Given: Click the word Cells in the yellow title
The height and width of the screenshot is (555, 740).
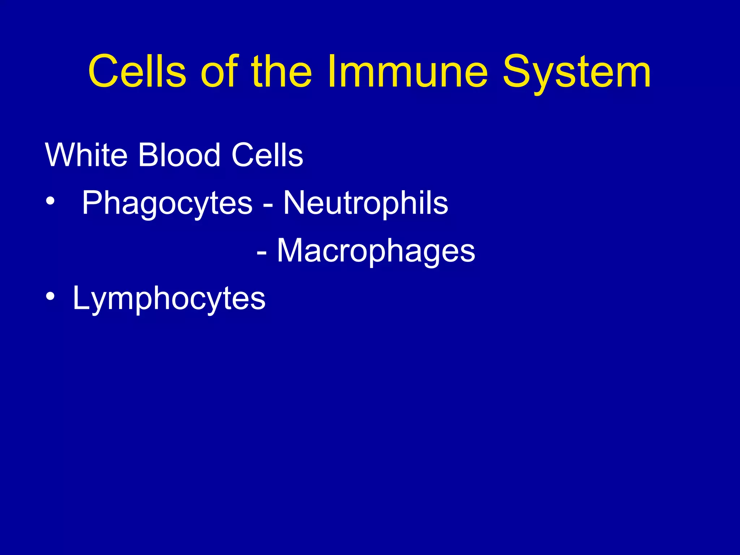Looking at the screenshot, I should coord(137,71).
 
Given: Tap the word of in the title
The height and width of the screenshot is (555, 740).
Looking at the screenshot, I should coord(219,71).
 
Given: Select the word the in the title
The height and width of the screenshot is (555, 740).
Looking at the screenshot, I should coord(281,71).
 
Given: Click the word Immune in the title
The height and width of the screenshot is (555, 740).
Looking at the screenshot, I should coord(408,71).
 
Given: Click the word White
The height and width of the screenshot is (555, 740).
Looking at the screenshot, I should coord(86,155).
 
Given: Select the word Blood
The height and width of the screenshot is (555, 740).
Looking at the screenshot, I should coord(179,155).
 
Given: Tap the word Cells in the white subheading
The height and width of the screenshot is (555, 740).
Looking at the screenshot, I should coord(267,155).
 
